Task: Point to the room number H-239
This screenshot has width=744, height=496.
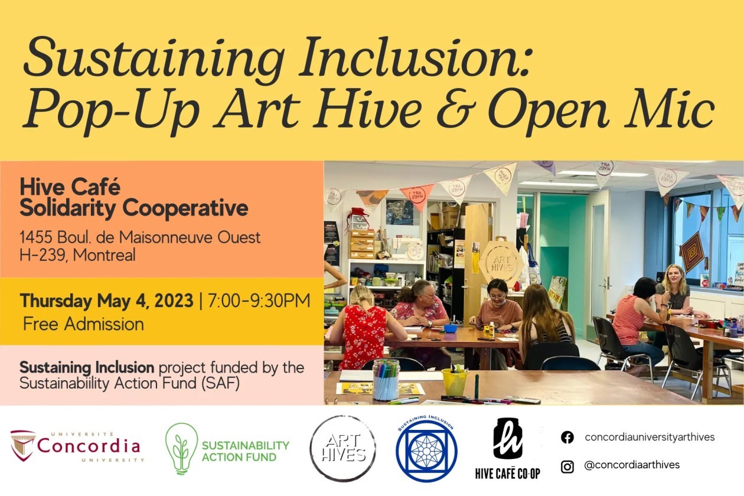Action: (x=43, y=255)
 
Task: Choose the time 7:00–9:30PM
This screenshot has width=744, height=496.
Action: (x=259, y=301)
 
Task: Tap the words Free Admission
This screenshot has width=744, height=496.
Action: (x=83, y=324)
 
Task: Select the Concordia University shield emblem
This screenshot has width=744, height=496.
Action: (x=22, y=446)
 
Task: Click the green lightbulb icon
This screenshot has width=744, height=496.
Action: (x=181, y=449)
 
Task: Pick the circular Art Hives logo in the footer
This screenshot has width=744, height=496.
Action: (x=343, y=448)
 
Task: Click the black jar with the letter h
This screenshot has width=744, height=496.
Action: (x=508, y=438)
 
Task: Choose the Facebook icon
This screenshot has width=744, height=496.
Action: (x=567, y=437)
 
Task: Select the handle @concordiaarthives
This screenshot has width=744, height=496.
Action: (x=632, y=465)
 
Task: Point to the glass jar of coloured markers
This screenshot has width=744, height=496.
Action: (x=386, y=380)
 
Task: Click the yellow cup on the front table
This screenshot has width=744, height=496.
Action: (x=455, y=382)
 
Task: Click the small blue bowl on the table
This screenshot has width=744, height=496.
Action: (x=450, y=328)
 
